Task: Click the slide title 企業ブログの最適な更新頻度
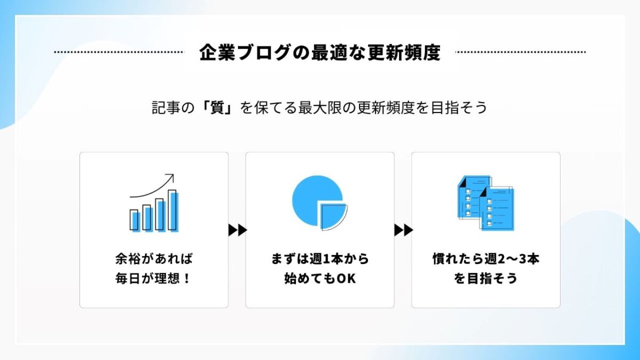[x=319, y=52]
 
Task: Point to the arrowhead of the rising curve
[x=171, y=177]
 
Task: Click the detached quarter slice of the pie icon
[x=333, y=217]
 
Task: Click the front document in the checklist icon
[x=497, y=209]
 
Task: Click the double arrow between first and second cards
[x=237, y=230]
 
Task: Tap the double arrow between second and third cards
[x=403, y=230]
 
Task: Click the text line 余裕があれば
[x=154, y=259]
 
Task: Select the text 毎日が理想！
[x=153, y=278]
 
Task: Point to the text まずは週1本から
[x=320, y=259]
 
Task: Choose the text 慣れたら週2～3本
[x=486, y=259]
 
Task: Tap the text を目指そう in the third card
[x=486, y=278]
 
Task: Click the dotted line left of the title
[x=119, y=52]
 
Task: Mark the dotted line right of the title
[x=521, y=52]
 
